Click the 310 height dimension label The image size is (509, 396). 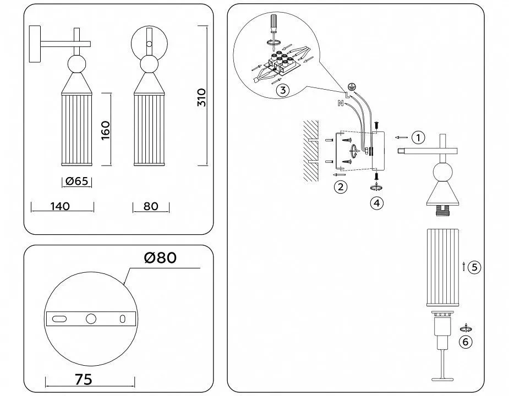pyautogui.click(x=201, y=97)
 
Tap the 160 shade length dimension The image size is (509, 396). pyautogui.click(x=106, y=130)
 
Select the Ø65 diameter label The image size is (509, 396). pyautogui.click(x=76, y=181)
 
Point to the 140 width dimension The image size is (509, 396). pyautogui.click(x=60, y=206)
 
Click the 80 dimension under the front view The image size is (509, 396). pyautogui.click(x=151, y=206)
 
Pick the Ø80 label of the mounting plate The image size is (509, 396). pyautogui.click(x=160, y=258)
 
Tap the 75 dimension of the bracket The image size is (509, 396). pyautogui.click(x=84, y=379)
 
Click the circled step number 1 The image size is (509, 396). pyautogui.click(x=418, y=137)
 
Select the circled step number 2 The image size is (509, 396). pyautogui.click(x=341, y=187)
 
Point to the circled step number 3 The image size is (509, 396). pyautogui.click(x=283, y=90)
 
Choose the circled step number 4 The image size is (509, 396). pyautogui.click(x=376, y=203)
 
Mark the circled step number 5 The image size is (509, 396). pyautogui.click(x=474, y=267)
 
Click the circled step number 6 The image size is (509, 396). pyautogui.click(x=466, y=342)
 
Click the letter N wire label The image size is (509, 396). pyautogui.click(x=341, y=103)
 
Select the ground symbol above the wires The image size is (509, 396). pyautogui.click(x=351, y=86)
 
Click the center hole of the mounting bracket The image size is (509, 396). pyautogui.click(x=91, y=319)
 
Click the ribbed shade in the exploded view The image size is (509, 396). pyautogui.click(x=442, y=267)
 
